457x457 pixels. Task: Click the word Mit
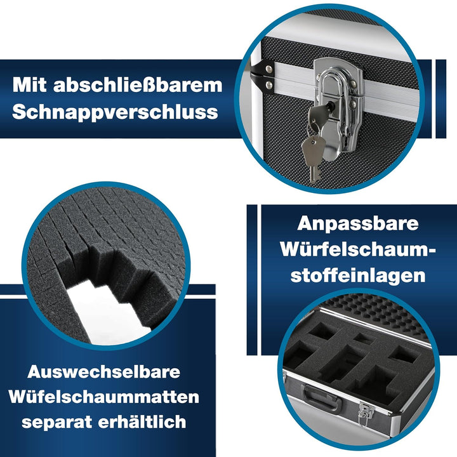pyautogui.click(x=29, y=85)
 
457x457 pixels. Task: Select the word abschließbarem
pyautogui.click(x=138, y=85)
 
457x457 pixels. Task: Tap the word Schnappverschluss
pyautogui.click(x=115, y=112)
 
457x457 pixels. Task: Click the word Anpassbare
pyautogui.click(x=358, y=224)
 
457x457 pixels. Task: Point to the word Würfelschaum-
pyautogui.click(x=359, y=249)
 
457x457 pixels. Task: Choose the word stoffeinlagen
pyautogui.click(x=358, y=275)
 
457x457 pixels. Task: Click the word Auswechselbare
pyautogui.click(x=103, y=371)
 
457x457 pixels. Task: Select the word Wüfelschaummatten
pyautogui.click(x=103, y=397)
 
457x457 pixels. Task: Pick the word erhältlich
pyautogui.click(x=142, y=421)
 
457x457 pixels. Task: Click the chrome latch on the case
pyautogui.click(x=340, y=109)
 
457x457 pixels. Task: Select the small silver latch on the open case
pyautogui.click(x=366, y=413)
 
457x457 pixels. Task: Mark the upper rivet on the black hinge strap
pyautogui.click(x=268, y=69)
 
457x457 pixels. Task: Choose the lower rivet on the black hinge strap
pyautogui.click(x=269, y=85)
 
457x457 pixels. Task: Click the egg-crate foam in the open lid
pyautogui.click(x=376, y=315)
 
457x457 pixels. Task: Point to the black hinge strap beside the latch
pyautogui.click(x=262, y=76)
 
